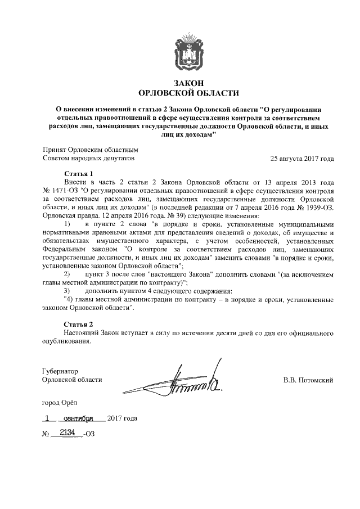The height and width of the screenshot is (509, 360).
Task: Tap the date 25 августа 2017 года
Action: click(302, 159)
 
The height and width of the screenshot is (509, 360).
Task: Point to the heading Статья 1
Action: click(79, 174)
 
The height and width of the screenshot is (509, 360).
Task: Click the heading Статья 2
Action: click(79, 325)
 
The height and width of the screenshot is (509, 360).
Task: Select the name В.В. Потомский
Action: click(308, 380)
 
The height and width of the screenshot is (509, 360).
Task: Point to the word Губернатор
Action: click(61, 371)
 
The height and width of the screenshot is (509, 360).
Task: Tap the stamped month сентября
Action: click(82, 418)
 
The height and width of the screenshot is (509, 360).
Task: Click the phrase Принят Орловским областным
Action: click(90, 150)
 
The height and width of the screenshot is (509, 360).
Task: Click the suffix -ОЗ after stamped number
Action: click(88, 435)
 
